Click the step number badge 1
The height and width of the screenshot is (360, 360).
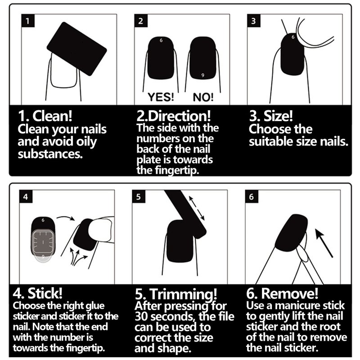click(x=28, y=21)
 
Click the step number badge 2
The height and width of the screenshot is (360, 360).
click(x=141, y=21)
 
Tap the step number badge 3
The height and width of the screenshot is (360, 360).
click(x=254, y=21)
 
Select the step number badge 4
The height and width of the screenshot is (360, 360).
click(x=26, y=197)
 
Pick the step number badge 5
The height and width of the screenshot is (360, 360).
click(x=139, y=197)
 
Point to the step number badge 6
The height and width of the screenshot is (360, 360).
click(x=252, y=197)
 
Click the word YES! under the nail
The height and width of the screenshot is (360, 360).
click(x=161, y=97)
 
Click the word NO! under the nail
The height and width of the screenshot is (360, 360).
click(x=203, y=97)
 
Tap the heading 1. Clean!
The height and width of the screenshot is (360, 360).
click(x=45, y=116)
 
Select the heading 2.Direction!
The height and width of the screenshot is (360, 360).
click(x=173, y=116)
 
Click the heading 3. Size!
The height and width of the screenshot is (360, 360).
click(x=271, y=116)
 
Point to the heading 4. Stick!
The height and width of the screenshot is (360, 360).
click(x=37, y=293)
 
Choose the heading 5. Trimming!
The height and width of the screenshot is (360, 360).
click(x=176, y=294)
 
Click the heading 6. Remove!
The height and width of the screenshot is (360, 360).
click(x=282, y=293)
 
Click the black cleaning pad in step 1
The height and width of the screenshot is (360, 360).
click(x=76, y=49)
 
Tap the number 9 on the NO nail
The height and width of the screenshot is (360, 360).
click(x=202, y=75)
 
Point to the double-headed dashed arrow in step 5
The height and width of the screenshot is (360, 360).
click(x=197, y=208)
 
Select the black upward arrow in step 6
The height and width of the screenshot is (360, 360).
click(x=324, y=243)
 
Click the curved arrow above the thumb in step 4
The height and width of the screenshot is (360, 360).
click(x=65, y=217)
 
